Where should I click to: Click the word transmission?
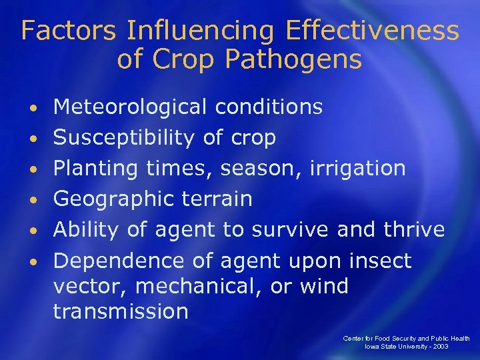(x=121, y=311)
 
